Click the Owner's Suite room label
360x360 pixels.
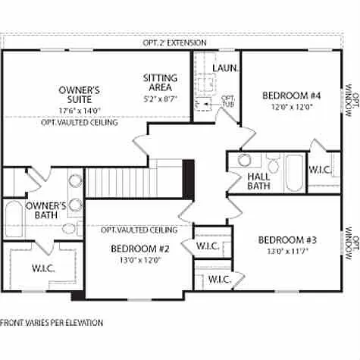pyautogui.click(x=79, y=95)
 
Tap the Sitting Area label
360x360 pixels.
pyautogui.click(x=160, y=83)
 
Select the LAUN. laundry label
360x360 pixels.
pyautogui.click(x=225, y=68)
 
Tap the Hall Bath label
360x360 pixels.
pyautogui.click(x=258, y=181)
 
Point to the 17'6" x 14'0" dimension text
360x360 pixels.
pyautogui.click(x=80, y=110)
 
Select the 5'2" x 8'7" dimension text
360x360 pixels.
pyautogui.click(x=160, y=99)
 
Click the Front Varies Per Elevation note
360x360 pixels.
pyautogui.click(x=52, y=323)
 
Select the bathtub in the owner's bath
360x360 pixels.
pyautogui.click(x=13, y=220)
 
